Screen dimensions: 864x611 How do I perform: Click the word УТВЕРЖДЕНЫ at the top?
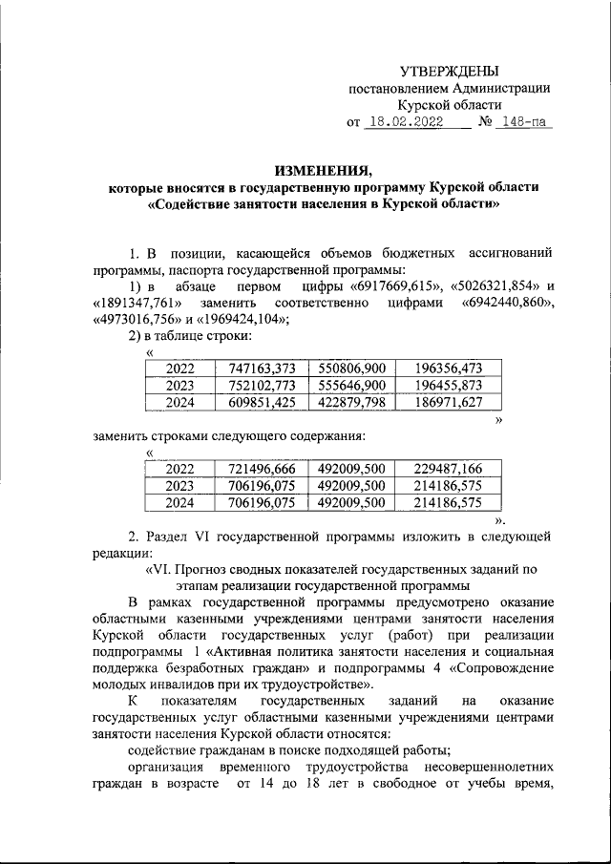(x=449, y=71)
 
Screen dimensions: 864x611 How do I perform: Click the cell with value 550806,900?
(x=351, y=368)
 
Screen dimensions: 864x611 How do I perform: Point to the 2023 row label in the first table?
(x=179, y=385)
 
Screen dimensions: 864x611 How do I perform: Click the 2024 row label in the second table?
(x=179, y=502)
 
